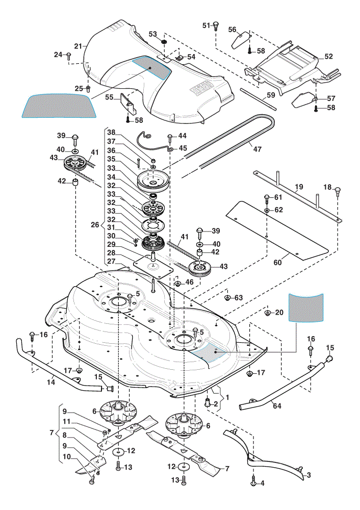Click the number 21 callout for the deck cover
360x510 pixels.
78,46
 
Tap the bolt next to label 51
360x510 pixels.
215,25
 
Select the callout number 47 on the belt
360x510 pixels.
257,149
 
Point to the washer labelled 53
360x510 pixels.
164,42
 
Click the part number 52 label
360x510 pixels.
329,56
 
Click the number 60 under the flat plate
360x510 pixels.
277,262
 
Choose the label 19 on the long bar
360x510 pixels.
299,187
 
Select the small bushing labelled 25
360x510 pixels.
88,88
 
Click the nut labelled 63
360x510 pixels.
228,297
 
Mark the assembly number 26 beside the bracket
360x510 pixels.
95,225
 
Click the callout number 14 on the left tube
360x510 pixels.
51,382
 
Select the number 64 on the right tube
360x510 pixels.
277,405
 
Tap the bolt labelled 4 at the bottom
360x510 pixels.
253,483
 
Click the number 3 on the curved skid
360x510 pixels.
308,475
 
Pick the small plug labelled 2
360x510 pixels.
207,403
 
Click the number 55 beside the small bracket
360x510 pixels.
109,97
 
